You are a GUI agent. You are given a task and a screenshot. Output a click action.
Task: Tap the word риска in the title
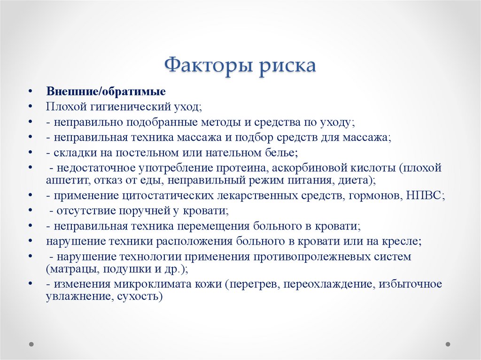[x=287, y=65]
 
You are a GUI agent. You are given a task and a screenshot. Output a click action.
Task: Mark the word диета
[x=357, y=179]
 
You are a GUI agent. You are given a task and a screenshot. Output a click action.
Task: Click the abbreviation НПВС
[x=425, y=195]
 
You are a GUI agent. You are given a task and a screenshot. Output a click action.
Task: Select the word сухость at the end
[x=141, y=296]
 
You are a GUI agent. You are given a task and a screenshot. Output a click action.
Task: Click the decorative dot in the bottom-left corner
[x=32, y=344]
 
